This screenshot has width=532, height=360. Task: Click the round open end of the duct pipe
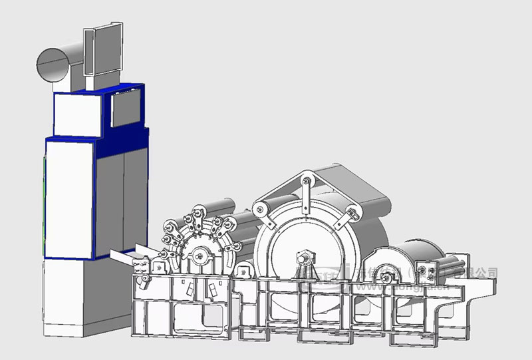coord(52,65)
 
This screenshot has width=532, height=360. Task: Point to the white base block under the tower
coord(70,296)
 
